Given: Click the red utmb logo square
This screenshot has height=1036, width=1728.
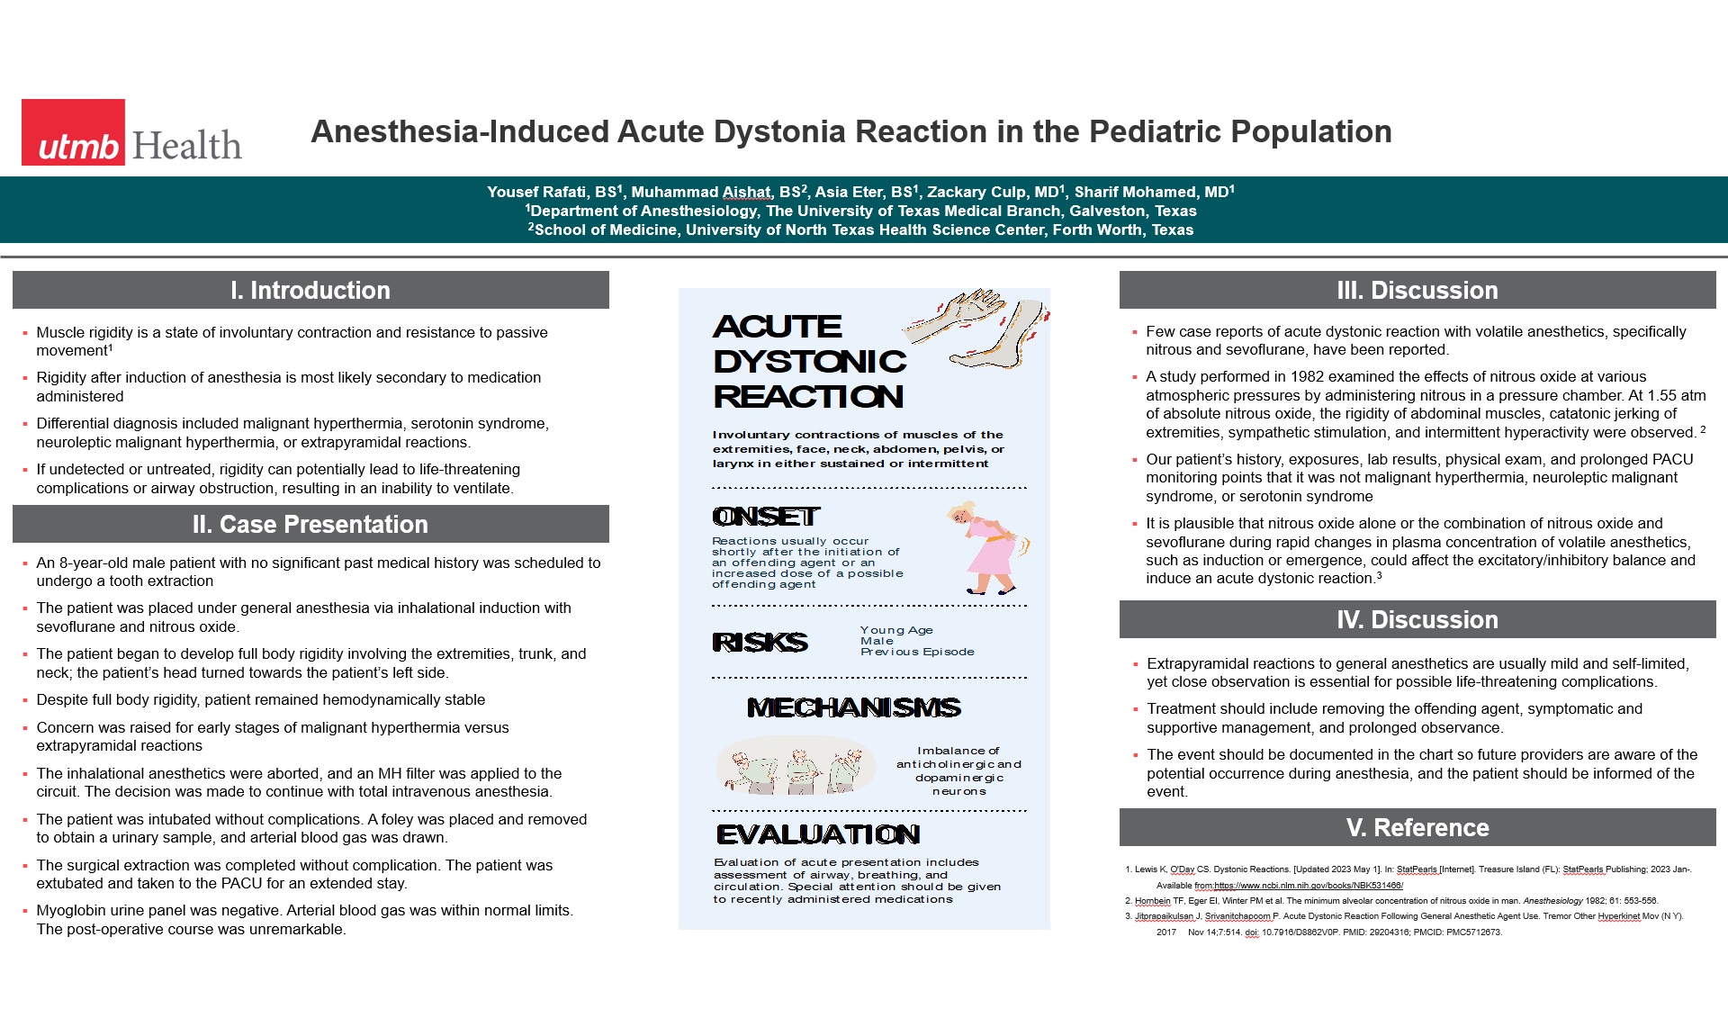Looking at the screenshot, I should coord(73,131).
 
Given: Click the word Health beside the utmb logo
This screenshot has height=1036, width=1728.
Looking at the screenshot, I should coord(187,146).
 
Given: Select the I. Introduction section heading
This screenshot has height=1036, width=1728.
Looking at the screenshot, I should coord(310,290).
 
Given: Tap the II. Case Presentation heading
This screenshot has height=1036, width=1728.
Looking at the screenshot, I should coord(310,524).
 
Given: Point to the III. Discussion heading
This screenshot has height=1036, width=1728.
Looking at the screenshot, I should coord(1417,290).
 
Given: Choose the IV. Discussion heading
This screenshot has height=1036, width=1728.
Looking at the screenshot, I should coord(1417,619).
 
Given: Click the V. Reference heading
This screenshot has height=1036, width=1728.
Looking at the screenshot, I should coord(1417,827).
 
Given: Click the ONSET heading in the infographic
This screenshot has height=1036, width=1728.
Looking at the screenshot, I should coord(766,517).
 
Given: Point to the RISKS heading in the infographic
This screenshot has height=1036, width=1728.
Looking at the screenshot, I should coord(760,642).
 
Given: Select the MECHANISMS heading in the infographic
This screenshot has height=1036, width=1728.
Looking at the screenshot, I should coord(854,707).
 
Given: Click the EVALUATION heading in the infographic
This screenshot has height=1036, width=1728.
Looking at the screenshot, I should coord(818,834).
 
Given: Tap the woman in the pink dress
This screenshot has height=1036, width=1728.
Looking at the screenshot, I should coord(988,549).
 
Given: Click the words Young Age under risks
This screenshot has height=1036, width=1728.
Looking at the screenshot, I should coord(896,630).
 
